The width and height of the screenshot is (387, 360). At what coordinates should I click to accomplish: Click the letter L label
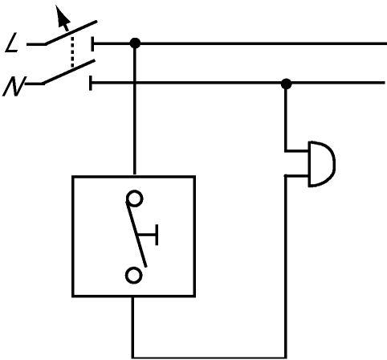tap(12, 43)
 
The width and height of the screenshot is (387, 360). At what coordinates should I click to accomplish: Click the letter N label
tap(14, 86)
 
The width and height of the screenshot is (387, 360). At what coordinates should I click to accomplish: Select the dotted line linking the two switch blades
tap(71, 51)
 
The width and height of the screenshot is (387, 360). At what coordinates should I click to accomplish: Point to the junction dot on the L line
tap(135, 43)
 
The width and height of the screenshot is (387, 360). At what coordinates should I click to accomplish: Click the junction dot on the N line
tap(286, 84)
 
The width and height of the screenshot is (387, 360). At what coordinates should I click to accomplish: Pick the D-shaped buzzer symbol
tap(321, 164)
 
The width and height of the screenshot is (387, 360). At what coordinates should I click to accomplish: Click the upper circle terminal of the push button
tap(134, 198)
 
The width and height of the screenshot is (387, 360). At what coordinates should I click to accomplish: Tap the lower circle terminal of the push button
tap(133, 275)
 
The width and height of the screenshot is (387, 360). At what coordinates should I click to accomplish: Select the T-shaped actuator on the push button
tap(148, 235)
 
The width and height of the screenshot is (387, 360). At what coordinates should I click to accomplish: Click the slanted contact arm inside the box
tap(136, 234)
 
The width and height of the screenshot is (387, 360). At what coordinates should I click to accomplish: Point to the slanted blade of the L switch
tap(71, 32)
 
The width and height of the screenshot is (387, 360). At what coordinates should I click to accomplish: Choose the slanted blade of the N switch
tap(68, 72)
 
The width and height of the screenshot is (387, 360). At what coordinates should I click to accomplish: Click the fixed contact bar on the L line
tap(92, 43)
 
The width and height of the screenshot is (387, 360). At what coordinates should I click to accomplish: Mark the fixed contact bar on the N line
tap(91, 83)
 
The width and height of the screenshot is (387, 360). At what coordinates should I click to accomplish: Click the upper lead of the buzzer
tap(296, 151)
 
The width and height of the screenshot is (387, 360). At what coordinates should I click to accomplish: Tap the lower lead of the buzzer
tap(296, 176)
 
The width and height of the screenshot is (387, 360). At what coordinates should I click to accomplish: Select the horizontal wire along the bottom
tap(210, 357)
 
